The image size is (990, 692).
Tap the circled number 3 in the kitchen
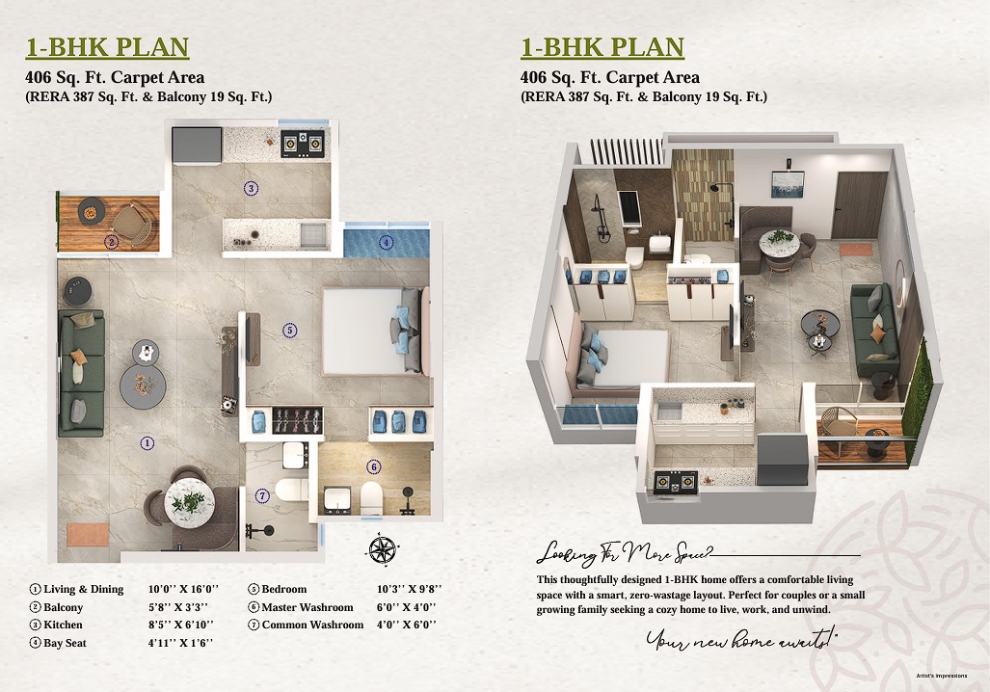251,189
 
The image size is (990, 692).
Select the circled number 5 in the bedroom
290,330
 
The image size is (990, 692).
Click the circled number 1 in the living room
147,443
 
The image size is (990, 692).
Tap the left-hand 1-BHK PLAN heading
106,47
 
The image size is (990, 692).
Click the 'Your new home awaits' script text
741,638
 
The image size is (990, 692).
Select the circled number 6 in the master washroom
373,467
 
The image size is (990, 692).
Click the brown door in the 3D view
858,204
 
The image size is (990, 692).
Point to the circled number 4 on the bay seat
386,243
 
